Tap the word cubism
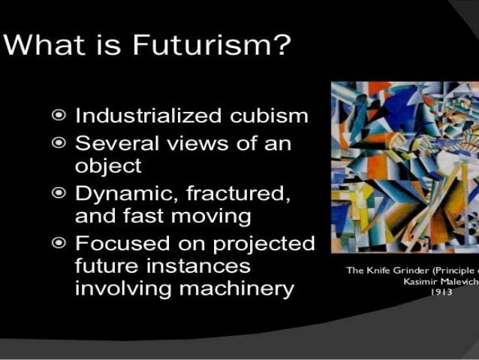point(261,116)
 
